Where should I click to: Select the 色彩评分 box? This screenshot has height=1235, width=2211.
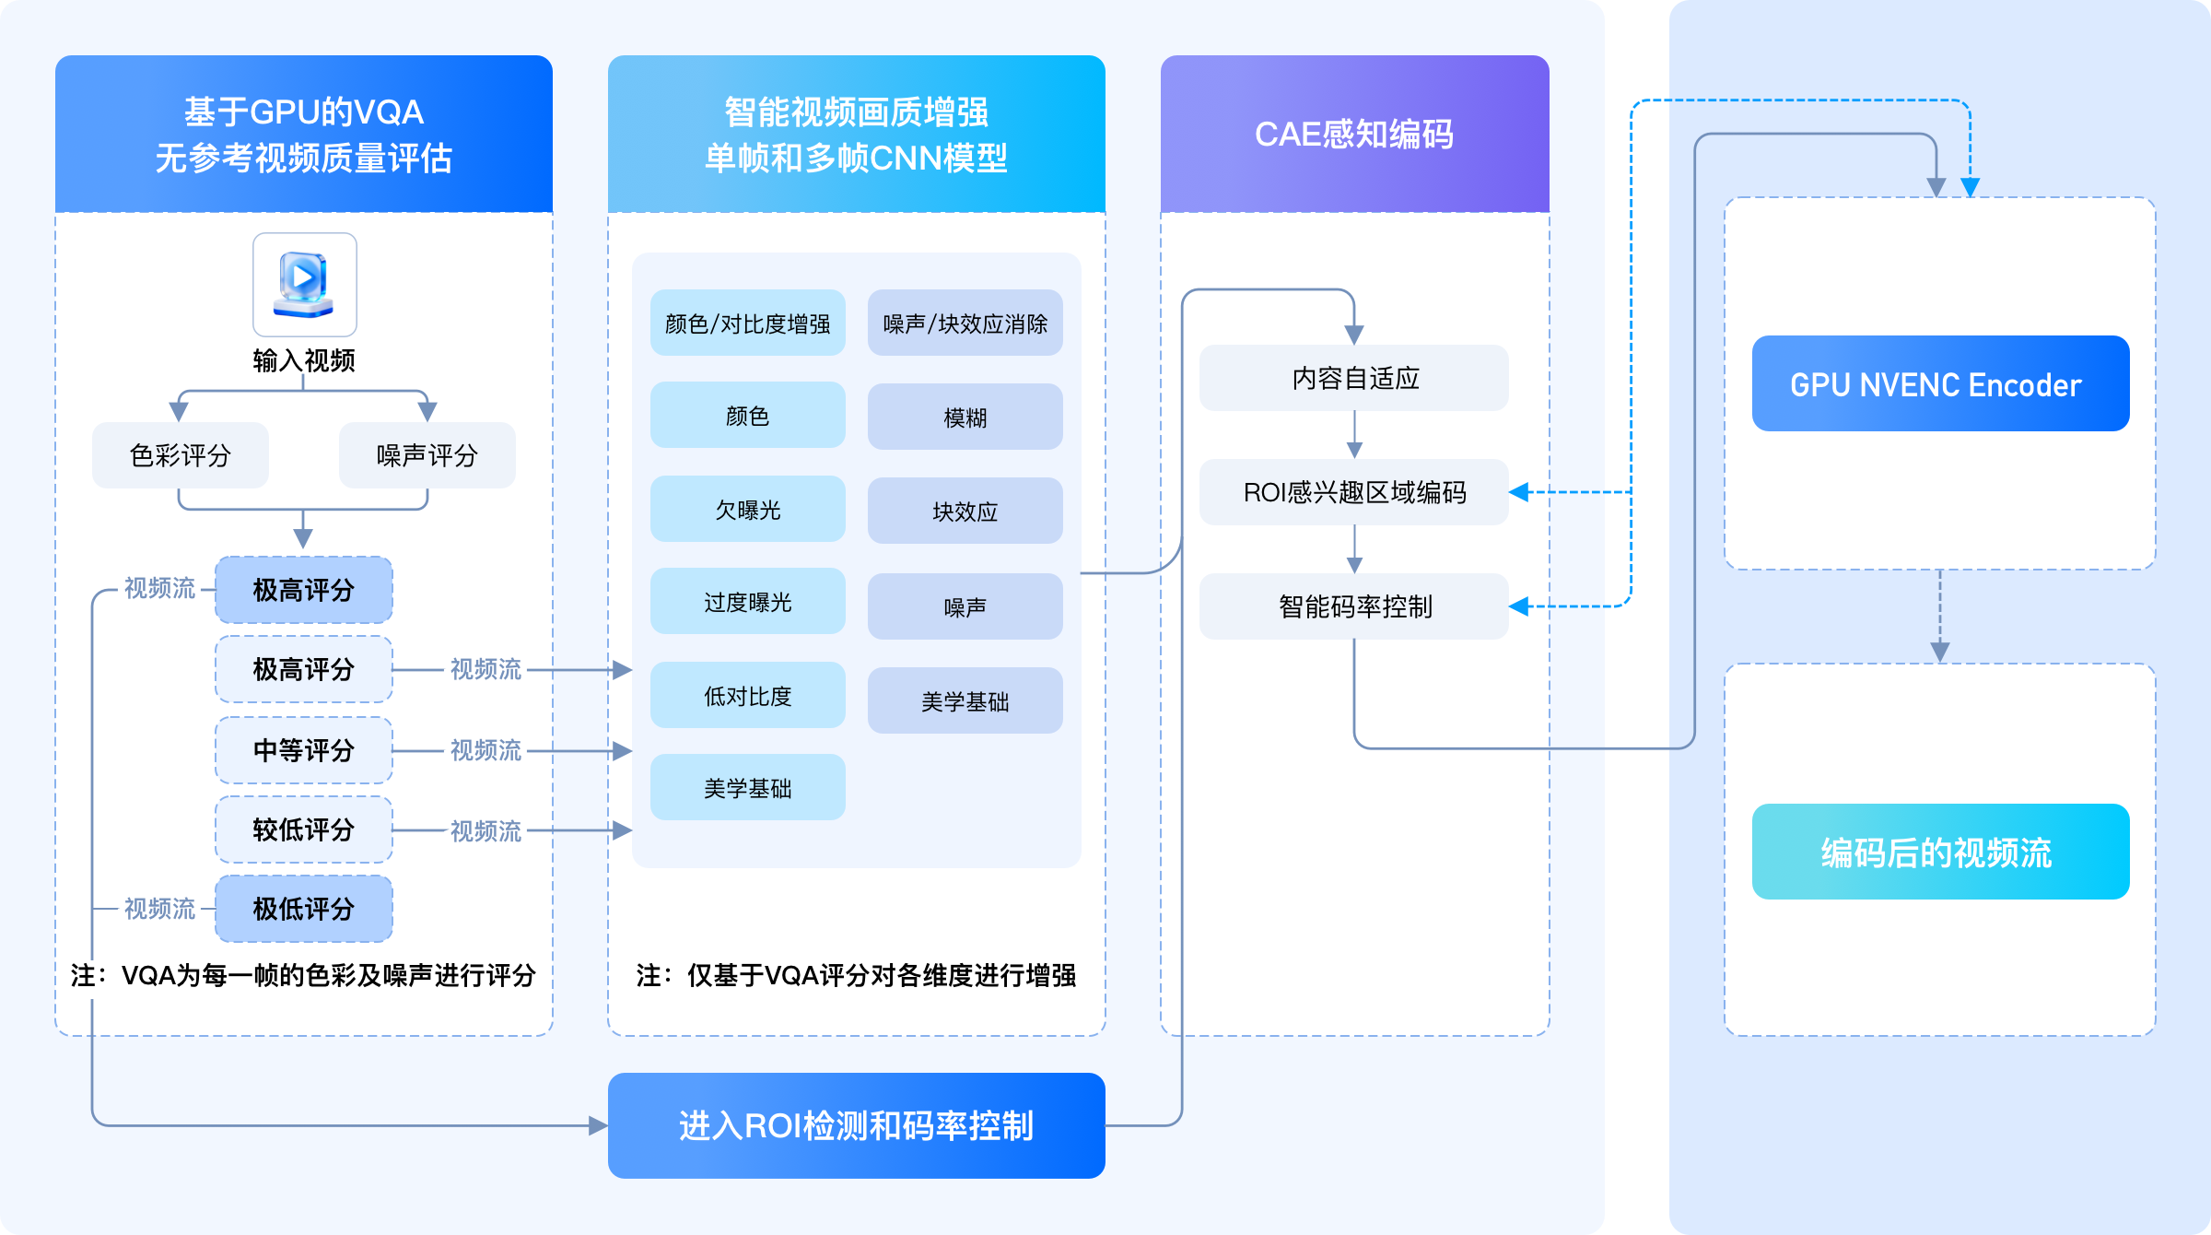181,455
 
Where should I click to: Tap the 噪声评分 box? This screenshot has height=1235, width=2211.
427,455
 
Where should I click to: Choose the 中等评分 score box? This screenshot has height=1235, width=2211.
304,750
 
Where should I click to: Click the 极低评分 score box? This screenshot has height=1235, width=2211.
304,909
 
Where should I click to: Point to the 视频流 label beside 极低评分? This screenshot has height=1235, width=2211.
159,909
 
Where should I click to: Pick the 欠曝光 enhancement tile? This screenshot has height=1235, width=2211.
747,510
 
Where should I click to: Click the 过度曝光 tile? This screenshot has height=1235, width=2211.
747,602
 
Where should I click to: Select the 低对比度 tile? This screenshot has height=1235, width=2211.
747,696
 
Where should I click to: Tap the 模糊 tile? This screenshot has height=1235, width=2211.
965,418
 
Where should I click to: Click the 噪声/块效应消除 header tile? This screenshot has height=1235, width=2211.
965,323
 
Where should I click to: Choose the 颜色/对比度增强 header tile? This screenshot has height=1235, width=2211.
747,323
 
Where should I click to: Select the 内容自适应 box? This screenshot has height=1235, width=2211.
1354,378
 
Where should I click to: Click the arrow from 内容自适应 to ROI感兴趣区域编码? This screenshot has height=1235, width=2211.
1354,435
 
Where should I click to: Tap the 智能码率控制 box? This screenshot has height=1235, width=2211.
1354,606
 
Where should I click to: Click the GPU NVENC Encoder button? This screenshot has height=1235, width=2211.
1940,384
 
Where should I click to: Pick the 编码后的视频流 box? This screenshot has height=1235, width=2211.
1940,853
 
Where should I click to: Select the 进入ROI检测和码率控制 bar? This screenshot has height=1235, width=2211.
856,1125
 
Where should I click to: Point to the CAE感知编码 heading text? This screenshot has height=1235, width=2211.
1354,135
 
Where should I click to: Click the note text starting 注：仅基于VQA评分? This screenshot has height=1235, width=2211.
856,975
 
